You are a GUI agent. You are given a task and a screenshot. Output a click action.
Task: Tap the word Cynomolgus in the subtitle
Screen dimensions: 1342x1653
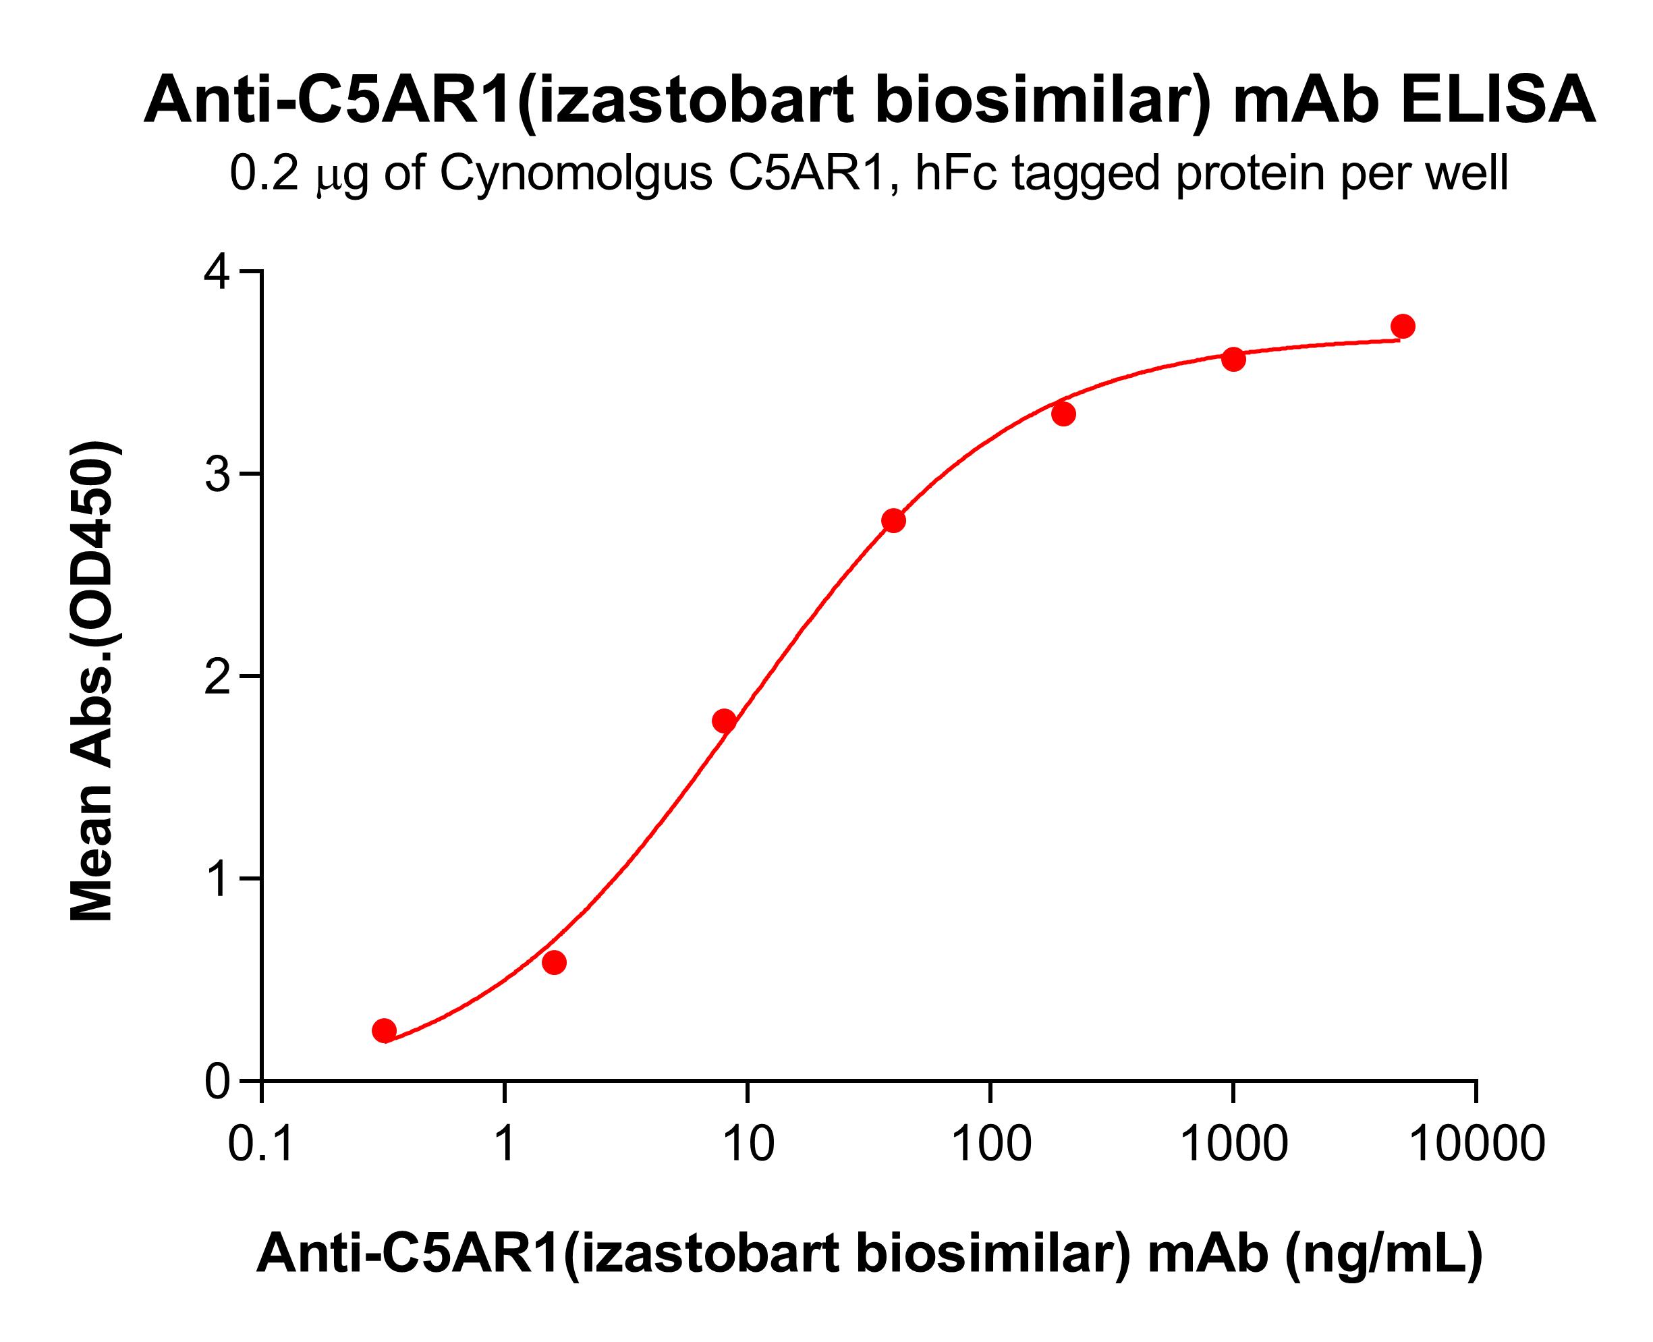pyautogui.click(x=576, y=173)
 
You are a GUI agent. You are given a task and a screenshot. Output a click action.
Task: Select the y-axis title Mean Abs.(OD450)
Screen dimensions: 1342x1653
pyautogui.click(x=93, y=682)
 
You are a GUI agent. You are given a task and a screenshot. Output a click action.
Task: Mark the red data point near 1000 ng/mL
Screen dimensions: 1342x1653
pyautogui.click(x=1233, y=359)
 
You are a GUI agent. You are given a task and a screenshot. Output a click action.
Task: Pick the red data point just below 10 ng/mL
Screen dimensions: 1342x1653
pyautogui.click(x=725, y=721)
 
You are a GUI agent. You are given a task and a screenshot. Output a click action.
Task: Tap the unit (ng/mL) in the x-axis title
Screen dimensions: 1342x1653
pyautogui.click(x=1383, y=1253)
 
